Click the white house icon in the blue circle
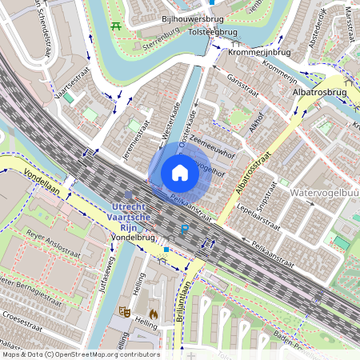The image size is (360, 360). (180, 173)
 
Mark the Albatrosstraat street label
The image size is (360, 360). (251, 172)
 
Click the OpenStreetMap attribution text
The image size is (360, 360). (80, 354)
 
